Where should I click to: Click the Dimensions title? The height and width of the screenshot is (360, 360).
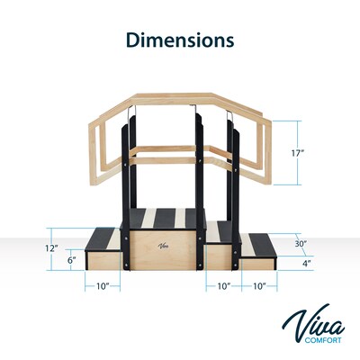tap(179, 40)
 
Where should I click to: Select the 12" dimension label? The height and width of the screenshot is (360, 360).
tap(52, 247)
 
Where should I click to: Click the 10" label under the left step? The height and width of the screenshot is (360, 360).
tap(103, 286)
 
